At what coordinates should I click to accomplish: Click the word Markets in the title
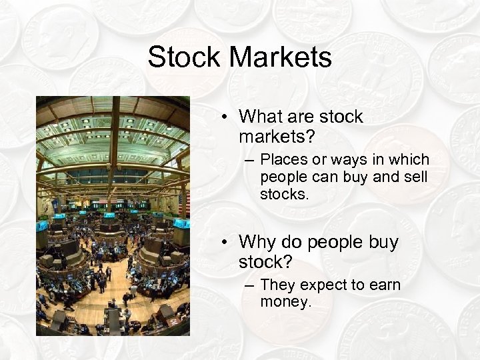pos(280,57)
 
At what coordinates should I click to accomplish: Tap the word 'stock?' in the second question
pos(266,262)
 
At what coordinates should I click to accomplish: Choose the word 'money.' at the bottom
pos(286,303)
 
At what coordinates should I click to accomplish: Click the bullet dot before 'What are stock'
pos(227,117)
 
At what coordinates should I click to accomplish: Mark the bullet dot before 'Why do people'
pos(227,242)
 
